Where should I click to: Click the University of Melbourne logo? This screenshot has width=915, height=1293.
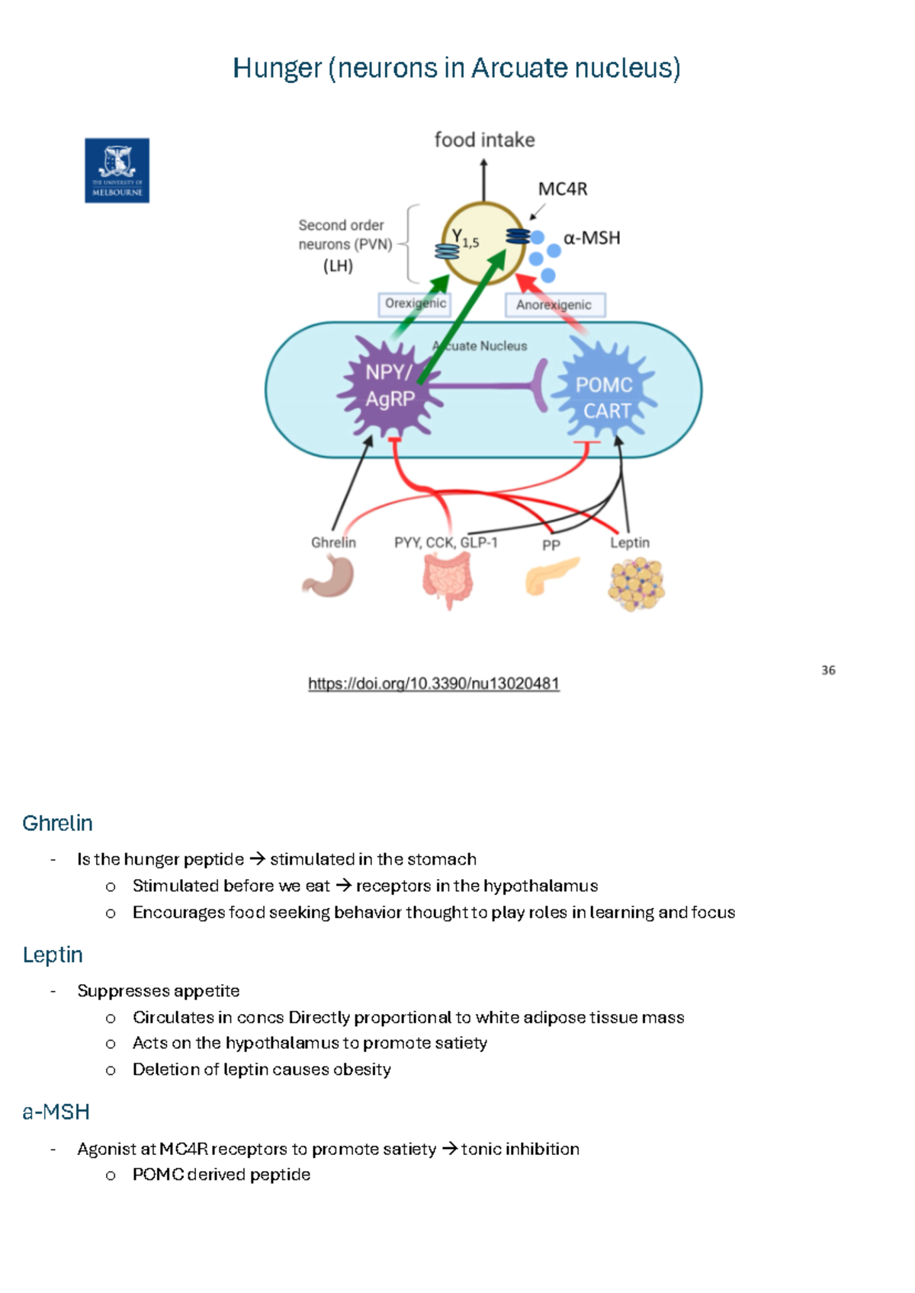(x=117, y=170)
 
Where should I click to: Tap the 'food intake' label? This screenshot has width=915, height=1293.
(x=484, y=140)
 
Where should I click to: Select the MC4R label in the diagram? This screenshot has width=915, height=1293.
(x=563, y=189)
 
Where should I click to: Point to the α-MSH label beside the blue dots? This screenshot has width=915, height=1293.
(x=592, y=239)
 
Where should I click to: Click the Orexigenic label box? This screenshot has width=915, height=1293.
(x=414, y=303)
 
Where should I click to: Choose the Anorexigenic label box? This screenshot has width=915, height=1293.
(x=554, y=305)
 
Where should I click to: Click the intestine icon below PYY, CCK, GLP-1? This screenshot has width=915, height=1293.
(x=448, y=579)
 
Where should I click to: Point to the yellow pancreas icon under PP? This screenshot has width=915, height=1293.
(x=551, y=575)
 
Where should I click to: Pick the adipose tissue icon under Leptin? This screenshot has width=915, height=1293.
(x=636, y=584)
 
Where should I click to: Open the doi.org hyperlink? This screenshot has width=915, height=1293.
(x=433, y=684)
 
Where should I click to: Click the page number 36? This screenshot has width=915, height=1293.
(x=828, y=670)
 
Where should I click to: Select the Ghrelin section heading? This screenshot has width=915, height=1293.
(x=58, y=823)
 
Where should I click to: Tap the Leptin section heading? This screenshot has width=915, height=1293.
(x=53, y=955)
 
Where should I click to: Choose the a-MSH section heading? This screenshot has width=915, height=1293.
(x=56, y=1112)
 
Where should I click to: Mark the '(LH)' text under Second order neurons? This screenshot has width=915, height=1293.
(x=338, y=266)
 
